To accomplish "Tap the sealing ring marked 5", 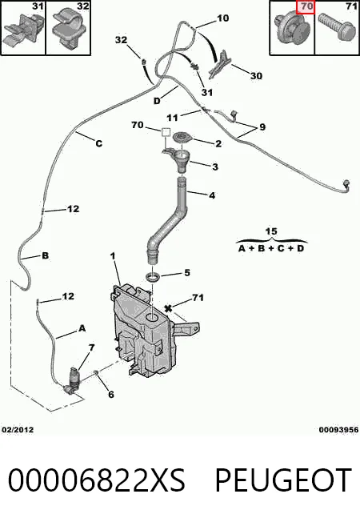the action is [x=153, y=277].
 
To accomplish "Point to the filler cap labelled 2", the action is [x=182, y=137].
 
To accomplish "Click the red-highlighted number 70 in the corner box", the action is [x=306, y=7].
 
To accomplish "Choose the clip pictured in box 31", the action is [x=22, y=30].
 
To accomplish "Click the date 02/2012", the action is [x=18, y=430].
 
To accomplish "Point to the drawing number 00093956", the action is [x=338, y=430].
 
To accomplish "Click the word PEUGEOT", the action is [x=283, y=480].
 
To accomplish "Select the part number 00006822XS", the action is [x=96, y=480].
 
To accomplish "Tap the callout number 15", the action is [x=271, y=231].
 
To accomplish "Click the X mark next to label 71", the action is [x=168, y=309].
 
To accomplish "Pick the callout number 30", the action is [x=256, y=76].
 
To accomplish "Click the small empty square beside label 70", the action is [x=166, y=132].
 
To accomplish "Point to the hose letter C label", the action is [x=99, y=143].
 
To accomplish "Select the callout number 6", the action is [x=111, y=395].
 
